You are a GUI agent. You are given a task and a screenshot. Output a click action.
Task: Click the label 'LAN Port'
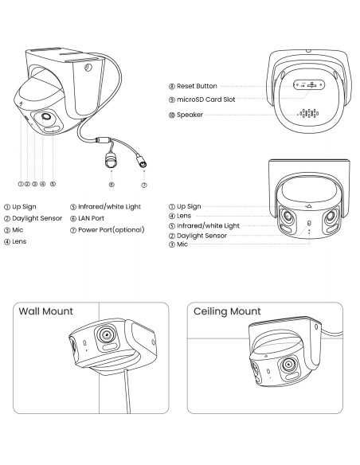point(91,218)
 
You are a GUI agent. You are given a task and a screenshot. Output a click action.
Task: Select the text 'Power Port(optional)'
point(112,230)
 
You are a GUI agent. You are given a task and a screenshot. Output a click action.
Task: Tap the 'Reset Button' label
point(197,86)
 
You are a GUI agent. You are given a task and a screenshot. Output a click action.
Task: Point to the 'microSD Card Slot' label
point(205,100)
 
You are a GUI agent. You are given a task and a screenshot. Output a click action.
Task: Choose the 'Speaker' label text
point(190,115)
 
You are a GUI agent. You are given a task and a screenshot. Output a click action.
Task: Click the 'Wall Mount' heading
point(45,311)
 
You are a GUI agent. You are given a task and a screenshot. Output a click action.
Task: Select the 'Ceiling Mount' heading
point(227,311)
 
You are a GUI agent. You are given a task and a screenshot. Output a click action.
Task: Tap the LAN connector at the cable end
point(111,160)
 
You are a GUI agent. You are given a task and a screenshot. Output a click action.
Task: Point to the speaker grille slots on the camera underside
point(309,113)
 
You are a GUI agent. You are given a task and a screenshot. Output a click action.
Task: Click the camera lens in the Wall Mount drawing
point(106,334)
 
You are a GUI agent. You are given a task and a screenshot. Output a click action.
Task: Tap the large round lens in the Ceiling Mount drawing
point(288,364)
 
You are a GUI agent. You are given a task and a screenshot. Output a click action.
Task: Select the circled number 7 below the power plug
point(144,185)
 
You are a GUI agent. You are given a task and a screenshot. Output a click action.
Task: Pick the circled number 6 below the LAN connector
point(112,185)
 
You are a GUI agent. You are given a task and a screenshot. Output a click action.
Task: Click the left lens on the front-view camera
point(288,217)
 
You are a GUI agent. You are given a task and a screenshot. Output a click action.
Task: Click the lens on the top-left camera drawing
point(46,116)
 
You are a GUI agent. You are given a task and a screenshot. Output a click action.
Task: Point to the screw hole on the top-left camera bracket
point(88,68)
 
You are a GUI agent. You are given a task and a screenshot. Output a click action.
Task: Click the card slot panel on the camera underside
point(309,85)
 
